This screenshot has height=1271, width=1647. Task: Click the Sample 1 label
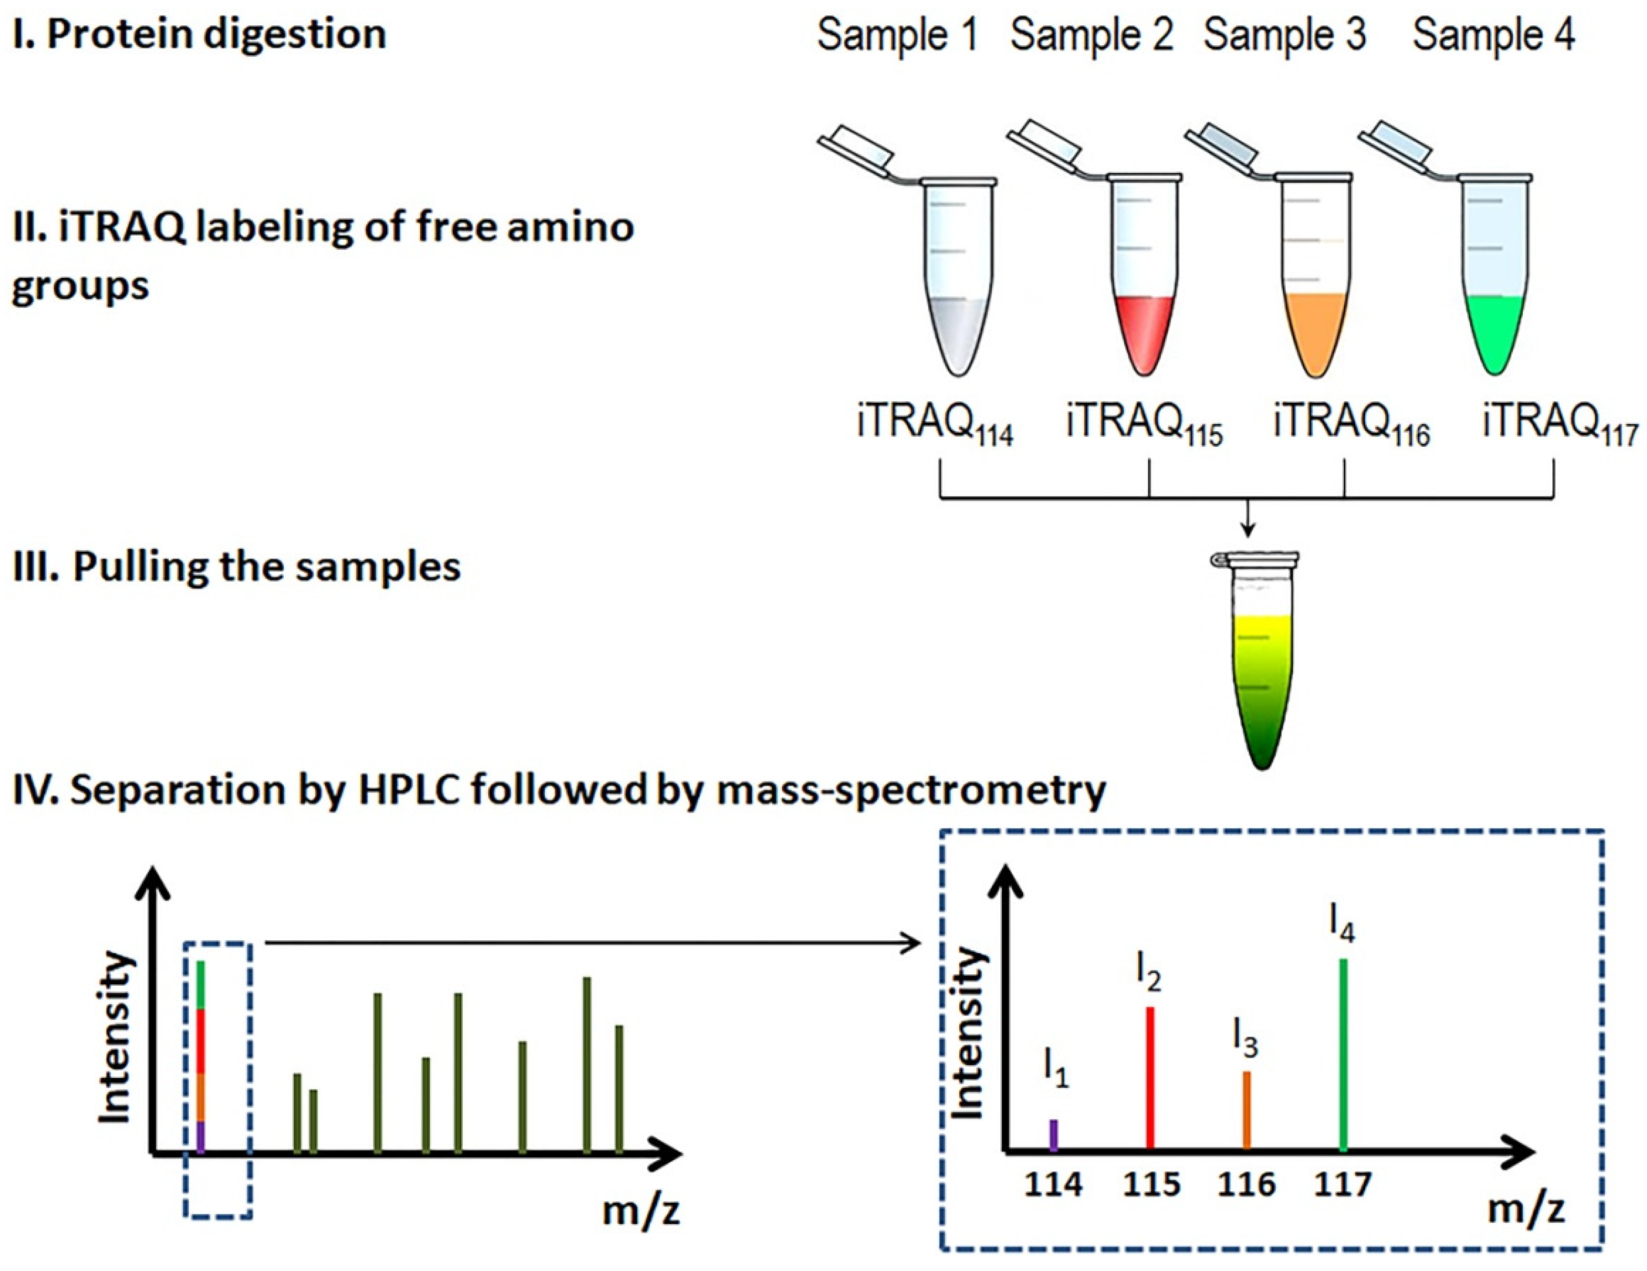pyautogui.click(x=897, y=35)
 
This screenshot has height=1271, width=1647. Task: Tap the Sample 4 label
pyautogui.click(x=1493, y=35)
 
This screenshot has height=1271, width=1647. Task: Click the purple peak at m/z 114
pyautogui.click(x=1054, y=1136)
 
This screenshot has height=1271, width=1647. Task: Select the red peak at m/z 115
pyautogui.click(x=1150, y=1079)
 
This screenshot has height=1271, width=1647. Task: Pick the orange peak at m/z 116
pyautogui.click(x=1247, y=1110)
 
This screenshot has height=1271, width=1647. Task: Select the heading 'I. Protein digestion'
pyautogui.click(x=200, y=35)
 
